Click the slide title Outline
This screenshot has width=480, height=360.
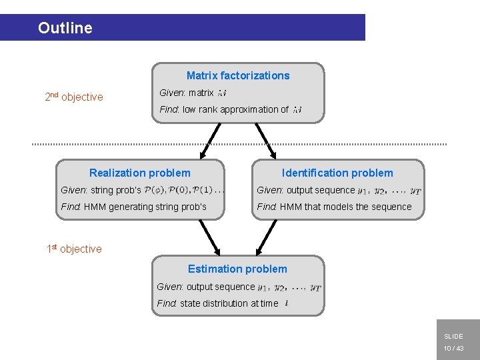tap(65, 28)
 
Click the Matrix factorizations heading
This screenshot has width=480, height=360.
tap(238, 76)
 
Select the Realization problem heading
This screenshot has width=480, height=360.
tap(139, 173)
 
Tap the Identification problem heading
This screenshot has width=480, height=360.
tap(337, 173)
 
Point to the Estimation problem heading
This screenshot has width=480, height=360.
tap(237, 269)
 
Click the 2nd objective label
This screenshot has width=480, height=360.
tap(74, 97)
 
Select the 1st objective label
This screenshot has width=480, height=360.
tap(74, 249)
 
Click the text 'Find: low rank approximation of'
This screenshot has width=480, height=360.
tap(224, 109)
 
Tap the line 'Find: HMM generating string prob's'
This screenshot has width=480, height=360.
tap(133, 207)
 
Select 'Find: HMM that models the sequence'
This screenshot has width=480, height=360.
tap(334, 207)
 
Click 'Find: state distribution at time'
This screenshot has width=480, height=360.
tap(217, 303)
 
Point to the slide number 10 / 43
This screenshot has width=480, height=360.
tap(453, 349)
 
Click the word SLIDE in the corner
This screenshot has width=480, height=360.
tap(453, 337)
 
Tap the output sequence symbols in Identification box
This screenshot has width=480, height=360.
tap(389, 191)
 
